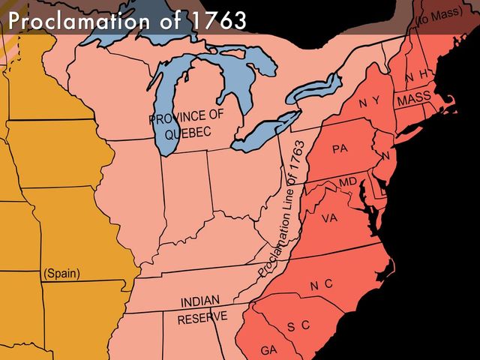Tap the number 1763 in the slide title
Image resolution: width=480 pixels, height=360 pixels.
(x=217, y=20)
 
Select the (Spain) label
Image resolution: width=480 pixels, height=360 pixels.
(x=62, y=273)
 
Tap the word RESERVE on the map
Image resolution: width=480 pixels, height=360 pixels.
(x=202, y=318)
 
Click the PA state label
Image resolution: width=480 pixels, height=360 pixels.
(x=340, y=148)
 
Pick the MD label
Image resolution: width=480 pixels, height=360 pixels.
(x=348, y=182)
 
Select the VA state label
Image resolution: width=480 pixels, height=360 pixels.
(x=329, y=218)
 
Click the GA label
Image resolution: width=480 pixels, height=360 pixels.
(x=269, y=350)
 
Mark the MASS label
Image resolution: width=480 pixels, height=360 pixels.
(x=414, y=99)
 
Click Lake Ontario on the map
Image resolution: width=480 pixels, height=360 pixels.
(x=313, y=89)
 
